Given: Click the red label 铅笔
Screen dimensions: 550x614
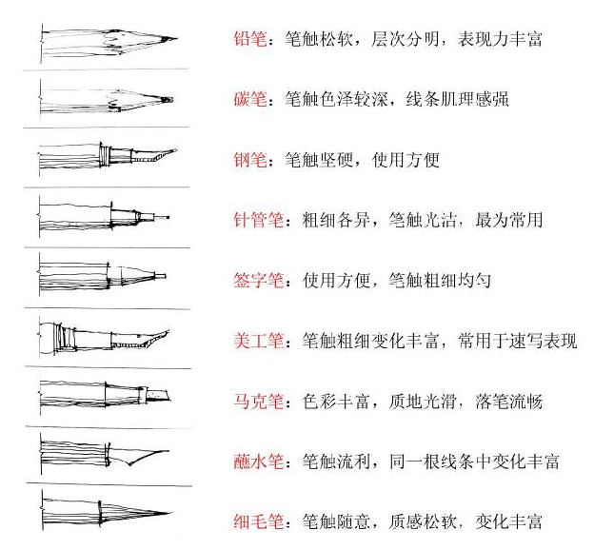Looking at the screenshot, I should coord(249,39).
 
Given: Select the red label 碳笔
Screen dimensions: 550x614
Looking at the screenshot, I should coord(249,99).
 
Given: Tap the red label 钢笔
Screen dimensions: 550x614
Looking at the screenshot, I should coord(249,159).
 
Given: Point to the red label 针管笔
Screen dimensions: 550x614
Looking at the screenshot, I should coord(258,220).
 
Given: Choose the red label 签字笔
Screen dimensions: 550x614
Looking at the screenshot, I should coord(258,280).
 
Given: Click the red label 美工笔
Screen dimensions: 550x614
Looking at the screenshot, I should coord(258,341).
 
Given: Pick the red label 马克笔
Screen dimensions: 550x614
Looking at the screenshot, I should coord(258,402).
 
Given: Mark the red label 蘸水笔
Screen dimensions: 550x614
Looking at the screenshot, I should coord(258,462).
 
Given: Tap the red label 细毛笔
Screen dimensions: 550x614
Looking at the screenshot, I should coord(258,521).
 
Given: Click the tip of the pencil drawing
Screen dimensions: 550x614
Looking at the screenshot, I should coord(174,39).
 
